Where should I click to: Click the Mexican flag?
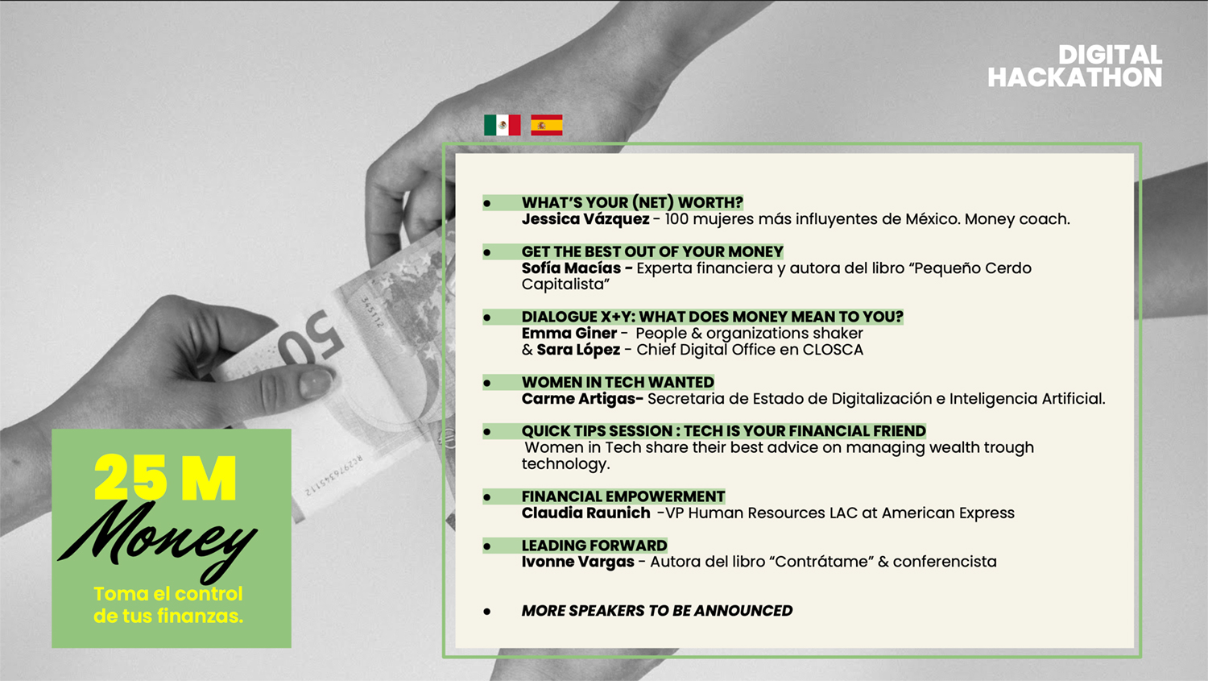502,125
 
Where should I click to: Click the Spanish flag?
546,125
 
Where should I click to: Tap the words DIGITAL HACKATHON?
1075,66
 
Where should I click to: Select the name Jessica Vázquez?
585,219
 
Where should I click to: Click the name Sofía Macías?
571,268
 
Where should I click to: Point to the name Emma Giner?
569,333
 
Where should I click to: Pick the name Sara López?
578,350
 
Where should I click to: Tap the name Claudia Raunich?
585,513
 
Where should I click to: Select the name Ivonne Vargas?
577,562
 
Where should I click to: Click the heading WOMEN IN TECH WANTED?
618,382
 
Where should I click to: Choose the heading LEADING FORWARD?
594,546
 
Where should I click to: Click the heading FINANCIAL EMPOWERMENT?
623,496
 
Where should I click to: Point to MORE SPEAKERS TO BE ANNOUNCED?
657,610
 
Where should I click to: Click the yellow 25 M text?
165,478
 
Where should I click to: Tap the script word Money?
157,542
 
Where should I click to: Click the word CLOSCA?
833,350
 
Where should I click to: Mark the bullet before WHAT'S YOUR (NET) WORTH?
487,203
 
